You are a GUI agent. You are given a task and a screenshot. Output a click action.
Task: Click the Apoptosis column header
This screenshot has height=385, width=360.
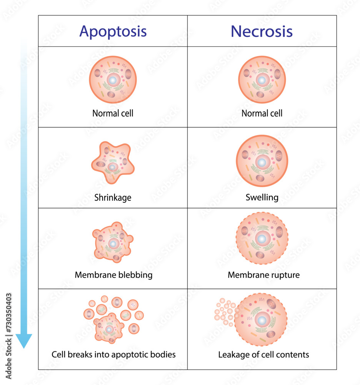tap(113, 31)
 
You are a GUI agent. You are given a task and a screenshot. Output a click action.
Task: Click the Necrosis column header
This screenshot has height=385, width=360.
tap(262, 31)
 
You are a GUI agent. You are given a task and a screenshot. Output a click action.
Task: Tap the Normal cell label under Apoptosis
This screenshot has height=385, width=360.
tap(113, 114)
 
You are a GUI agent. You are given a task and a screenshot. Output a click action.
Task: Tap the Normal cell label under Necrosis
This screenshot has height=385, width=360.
tap(262, 114)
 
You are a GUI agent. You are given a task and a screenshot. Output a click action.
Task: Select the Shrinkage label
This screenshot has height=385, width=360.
tap(113, 198)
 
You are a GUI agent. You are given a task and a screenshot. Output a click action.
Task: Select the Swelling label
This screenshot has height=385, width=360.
tap(262, 198)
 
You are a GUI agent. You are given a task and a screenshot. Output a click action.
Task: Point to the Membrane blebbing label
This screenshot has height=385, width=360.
tap(113, 275)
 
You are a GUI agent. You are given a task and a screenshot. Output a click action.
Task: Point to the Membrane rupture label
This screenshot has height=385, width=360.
tap(263, 275)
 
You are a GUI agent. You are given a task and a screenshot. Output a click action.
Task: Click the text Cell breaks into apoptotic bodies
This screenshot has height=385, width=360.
tap(113, 355)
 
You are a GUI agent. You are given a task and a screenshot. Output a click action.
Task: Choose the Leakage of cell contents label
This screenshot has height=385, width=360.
tap(263, 355)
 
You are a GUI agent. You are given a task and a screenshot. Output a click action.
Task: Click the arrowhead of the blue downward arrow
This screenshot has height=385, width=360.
tap(24, 341)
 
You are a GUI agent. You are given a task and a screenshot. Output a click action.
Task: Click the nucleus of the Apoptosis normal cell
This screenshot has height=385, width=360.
tap(113, 80)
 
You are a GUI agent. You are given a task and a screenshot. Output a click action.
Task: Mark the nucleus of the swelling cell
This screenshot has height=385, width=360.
tap(262, 162)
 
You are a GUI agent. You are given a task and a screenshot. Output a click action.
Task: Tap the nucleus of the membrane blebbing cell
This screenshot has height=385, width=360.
tap(113, 244)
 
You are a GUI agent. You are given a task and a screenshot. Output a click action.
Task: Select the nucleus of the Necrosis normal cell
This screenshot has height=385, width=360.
tap(262, 80)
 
